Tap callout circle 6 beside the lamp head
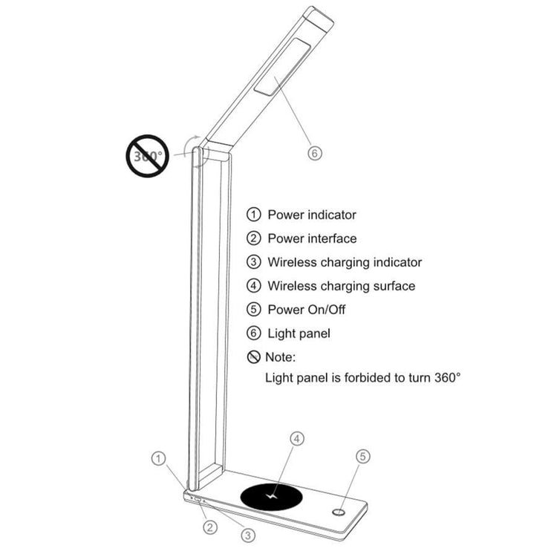coord(314,153)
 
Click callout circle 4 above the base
coord(297,439)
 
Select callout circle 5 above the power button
coord(362,457)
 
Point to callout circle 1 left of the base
coord(158,458)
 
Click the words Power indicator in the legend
coord(312,215)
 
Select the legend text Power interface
coord(312,239)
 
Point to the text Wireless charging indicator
coord(345,262)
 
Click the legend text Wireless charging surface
coord(342,286)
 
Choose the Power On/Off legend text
coord(307,310)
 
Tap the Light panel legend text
coord(299,333)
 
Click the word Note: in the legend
coord(281,357)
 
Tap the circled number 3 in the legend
coord(254,262)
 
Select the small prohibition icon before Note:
coord(254,357)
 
